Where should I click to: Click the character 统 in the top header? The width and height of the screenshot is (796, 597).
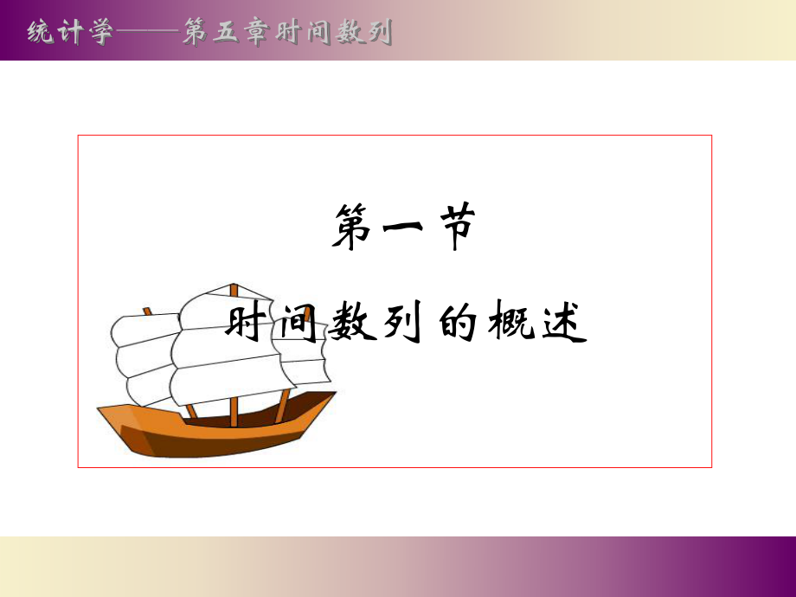coord(41,33)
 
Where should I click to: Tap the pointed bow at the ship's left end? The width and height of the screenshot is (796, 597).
coord(102,409)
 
